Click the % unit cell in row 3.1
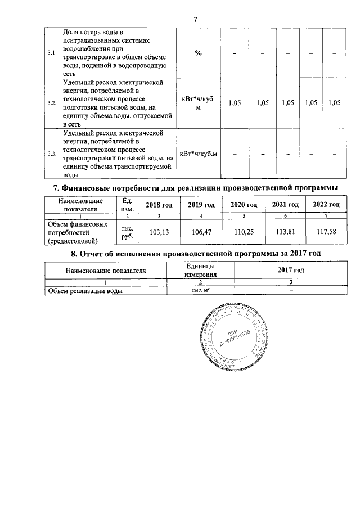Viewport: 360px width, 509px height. pyautogui.click(x=198, y=53)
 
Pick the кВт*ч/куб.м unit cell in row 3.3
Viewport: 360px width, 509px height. pyautogui.click(x=198, y=154)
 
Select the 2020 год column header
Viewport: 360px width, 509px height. pyautogui.click(x=244, y=205)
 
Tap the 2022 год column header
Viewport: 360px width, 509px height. pyautogui.click(x=326, y=205)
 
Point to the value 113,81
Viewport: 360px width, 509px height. pyautogui.click(x=284, y=232)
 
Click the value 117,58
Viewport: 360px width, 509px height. pyautogui.click(x=326, y=232)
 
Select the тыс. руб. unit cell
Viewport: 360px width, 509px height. pyautogui.click(x=127, y=232)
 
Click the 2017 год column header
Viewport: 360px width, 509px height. pyautogui.click(x=290, y=271)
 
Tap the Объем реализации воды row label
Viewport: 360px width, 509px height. pyautogui.click(x=85, y=291)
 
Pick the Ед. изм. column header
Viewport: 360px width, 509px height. pyautogui.click(x=127, y=205)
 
